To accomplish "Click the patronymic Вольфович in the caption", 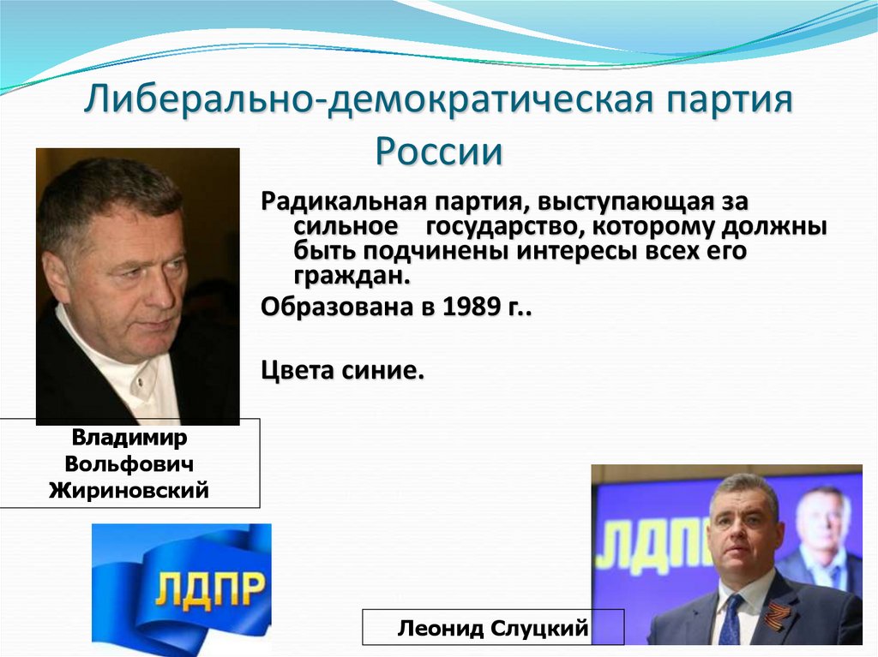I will pos(129,463).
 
